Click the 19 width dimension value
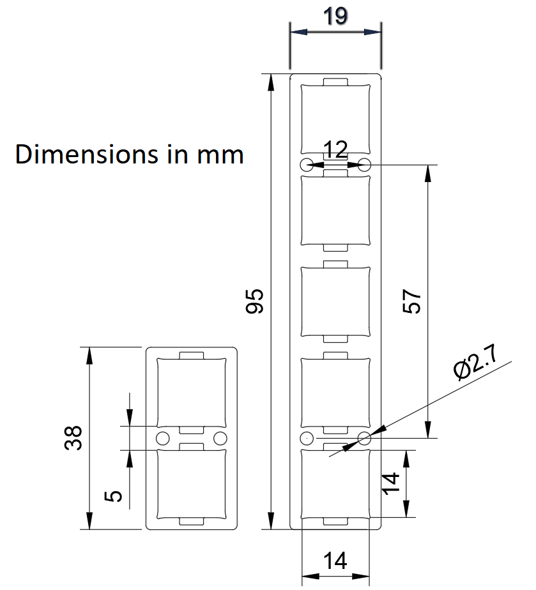click(x=335, y=17)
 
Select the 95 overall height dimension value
click(x=254, y=301)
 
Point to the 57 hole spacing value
click(x=411, y=301)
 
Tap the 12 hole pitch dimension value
click(x=335, y=149)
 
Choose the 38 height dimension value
click(x=73, y=438)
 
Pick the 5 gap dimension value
click(x=113, y=496)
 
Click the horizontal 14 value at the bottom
click(x=335, y=561)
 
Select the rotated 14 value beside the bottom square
click(x=390, y=483)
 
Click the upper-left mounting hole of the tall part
click(x=307, y=165)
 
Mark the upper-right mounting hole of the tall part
click(x=364, y=165)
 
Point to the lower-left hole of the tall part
click(x=307, y=439)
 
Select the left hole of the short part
click(x=163, y=439)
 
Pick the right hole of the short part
click(x=220, y=439)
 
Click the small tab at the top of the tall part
click(x=335, y=82)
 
